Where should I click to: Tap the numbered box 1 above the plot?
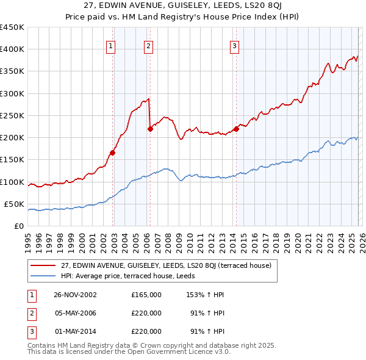pos(110,45)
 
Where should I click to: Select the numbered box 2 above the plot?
pos(148,45)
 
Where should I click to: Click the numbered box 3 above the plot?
pos(234,45)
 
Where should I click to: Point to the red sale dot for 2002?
pos(113,153)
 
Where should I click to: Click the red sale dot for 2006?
pos(150,128)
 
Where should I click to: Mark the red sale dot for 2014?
pos(236,128)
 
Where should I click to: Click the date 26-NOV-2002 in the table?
pos(76,295)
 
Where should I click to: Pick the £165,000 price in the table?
pos(146,295)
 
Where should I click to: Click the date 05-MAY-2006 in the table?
pos(76,313)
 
